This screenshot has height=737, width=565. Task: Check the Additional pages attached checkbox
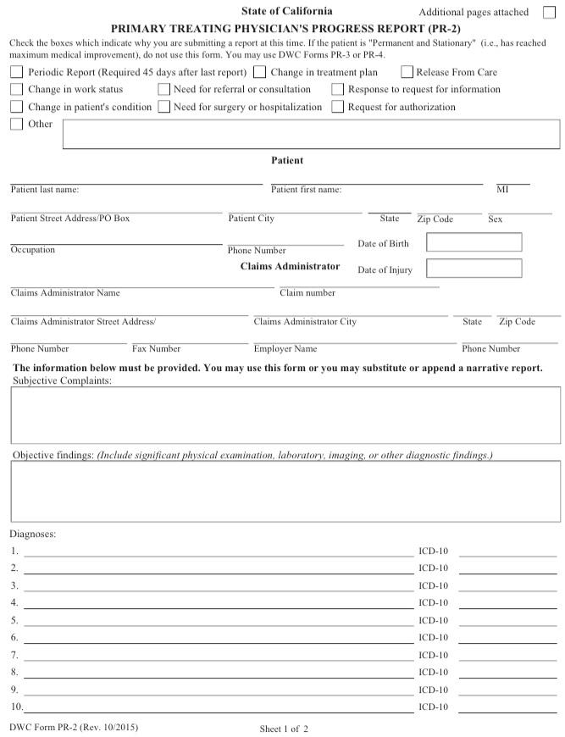(x=549, y=13)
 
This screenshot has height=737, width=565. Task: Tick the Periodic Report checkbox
(x=17, y=73)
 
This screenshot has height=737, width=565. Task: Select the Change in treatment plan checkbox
(x=259, y=73)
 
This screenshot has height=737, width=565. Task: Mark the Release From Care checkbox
(x=407, y=73)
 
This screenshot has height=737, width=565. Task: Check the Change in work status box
(x=17, y=90)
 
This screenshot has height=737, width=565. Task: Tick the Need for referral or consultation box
(x=163, y=90)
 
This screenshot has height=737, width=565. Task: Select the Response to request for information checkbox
(x=338, y=90)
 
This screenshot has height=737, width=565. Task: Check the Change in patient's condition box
(x=17, y=108)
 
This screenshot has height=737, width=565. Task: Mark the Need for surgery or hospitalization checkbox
(x=163, y=108)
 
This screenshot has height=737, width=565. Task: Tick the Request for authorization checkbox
(x=338, y=108)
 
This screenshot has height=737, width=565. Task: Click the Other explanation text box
(x=311, y=134)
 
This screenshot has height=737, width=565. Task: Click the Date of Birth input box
(x=474, y=242)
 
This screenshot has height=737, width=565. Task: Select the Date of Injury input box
(x=474, y=269)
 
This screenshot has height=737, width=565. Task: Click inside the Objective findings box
(x=285, y=490)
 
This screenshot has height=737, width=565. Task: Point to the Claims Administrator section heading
(x=290, y=266)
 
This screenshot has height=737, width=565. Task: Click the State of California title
(x=286, y=11)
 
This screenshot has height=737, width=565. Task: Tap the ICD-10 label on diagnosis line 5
(x=433, y=620)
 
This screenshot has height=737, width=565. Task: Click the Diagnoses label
(x=32, y=535)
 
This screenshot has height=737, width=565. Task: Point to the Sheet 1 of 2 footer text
(x=284, y=729)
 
